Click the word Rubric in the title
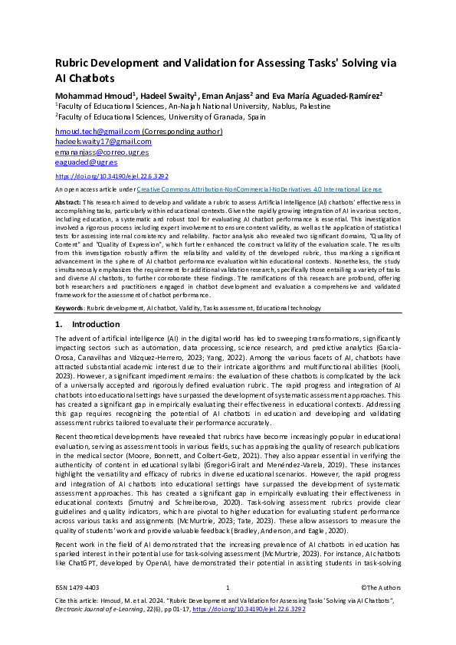tap(75, 64)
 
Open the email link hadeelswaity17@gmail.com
tap(103, 142)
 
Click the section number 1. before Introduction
tap(59, 325)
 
